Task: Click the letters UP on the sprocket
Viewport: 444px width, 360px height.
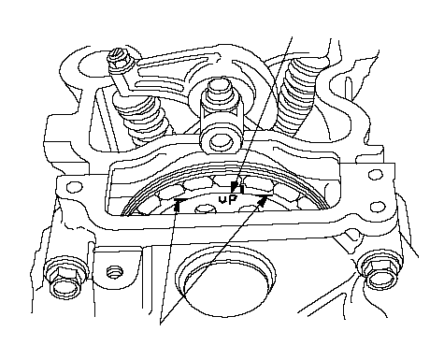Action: (228, 200)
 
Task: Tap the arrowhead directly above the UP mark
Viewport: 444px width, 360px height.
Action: (234, 187)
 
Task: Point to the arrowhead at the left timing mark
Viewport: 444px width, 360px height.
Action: (178, 205)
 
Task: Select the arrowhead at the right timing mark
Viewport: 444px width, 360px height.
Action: (263, 202)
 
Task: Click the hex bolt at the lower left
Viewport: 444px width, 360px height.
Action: (65, 277)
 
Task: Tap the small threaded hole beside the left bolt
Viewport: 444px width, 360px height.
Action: (114, 272)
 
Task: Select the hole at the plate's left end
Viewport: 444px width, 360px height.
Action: (75, 188)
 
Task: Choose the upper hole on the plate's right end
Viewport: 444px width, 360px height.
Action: (375, 175)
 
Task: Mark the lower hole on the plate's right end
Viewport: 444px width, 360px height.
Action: (378, 207)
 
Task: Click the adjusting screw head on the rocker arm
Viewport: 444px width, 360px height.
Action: (120, 60)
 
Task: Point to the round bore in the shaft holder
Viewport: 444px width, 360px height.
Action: (221, 141)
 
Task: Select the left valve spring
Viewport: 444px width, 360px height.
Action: (142, 118)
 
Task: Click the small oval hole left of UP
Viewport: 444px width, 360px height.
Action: (205, 209)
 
